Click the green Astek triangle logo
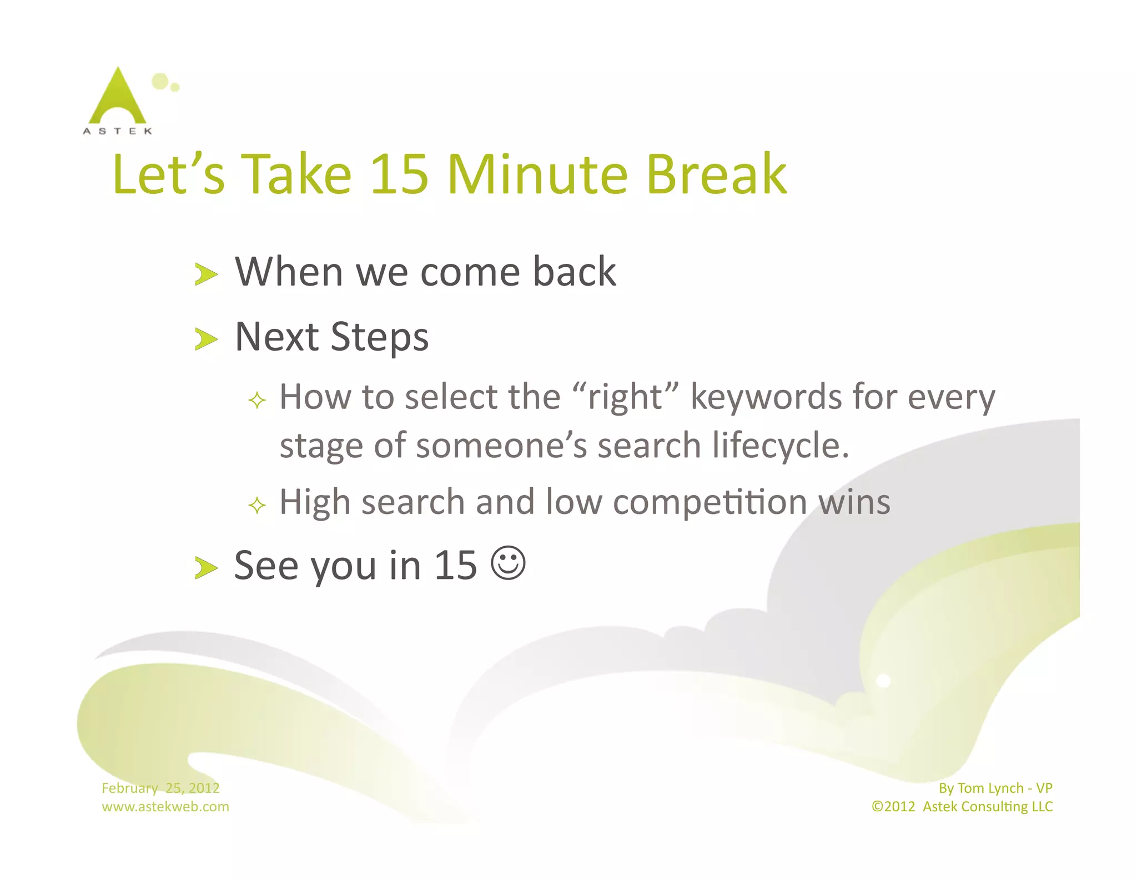(x=118, y=98)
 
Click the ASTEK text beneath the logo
(x=118, y=131)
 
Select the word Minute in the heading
(x=537, y=174)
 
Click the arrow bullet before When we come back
(x=206, y=274)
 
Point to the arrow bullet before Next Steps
(x=206, y=339)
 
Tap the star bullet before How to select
(x=257, y=400)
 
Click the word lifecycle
(x=780, y=446)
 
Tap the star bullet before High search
(x=257, y=506)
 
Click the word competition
(x=710, y=502)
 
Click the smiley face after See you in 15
(x=508, y=563)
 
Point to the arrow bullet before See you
(x=206, y=568)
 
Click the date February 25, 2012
(x=160, y=788)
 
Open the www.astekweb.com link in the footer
(x=165, y=806)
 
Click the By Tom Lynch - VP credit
(x=995, y=788)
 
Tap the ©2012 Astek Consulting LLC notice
(x=962, y=806)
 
